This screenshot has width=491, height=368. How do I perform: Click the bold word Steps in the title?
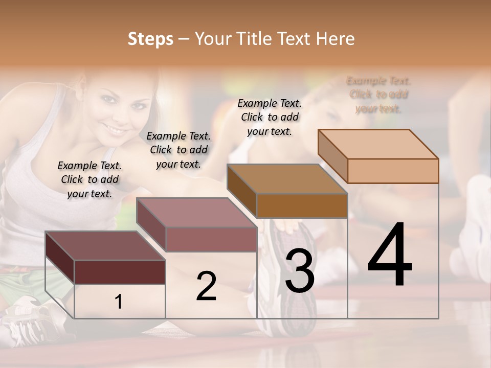[x=150, y=39]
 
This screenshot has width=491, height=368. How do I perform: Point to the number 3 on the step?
[x=299, y=271]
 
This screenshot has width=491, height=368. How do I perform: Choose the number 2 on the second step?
[x=206, y=286]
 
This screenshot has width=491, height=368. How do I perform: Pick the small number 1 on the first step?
[x=119, y=302]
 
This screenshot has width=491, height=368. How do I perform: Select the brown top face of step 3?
[x=287, y=179]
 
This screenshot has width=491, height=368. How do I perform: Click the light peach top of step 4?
[x=378, y=144]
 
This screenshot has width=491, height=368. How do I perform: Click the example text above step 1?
[x=90, y=179]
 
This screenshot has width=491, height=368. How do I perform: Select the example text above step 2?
[x=178, y=150]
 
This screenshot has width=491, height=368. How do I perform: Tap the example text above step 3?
[x=270, y=117]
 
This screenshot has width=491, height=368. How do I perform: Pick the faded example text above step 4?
[x=378, y=95]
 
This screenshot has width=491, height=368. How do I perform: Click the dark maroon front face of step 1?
[x=120, y=272]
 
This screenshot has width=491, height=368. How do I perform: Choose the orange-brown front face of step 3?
[x=302, y=205]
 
